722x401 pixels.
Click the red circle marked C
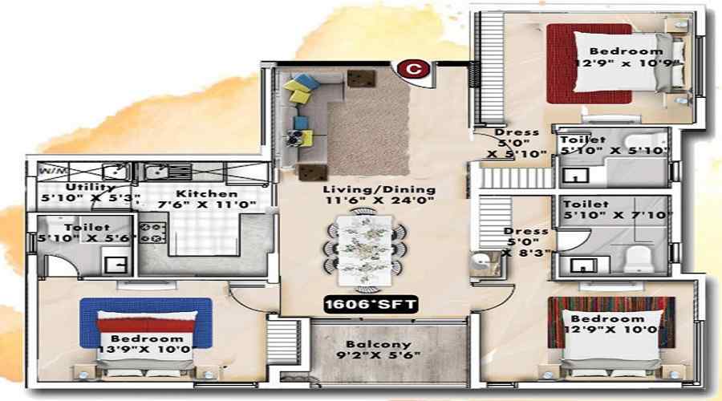pyautogui.click(x=413, y=70)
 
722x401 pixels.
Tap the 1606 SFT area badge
pyautogui.click(x=362, y=304)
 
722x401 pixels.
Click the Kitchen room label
pyautogui.click(x=207, y=193)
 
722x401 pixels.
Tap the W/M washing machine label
pyautogui.click(x=49, y=171)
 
